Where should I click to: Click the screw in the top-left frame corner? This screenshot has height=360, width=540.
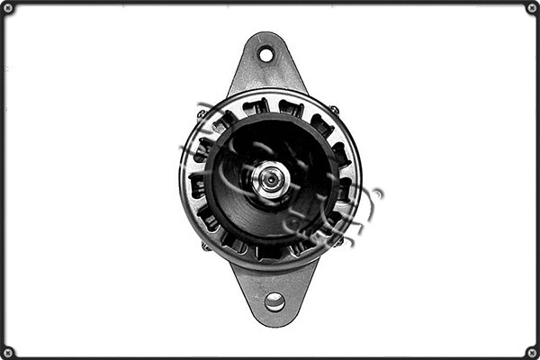(x=8, y=8)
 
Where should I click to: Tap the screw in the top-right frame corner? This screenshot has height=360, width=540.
(x=532, y=8)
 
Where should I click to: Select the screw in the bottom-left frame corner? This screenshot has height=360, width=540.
(x=8, y=352)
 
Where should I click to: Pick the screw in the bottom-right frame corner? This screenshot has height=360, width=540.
(x=532, y=352)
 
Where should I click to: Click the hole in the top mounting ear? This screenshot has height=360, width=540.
(x=266, y=54)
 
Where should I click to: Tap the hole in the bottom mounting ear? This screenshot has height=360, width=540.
(x=274, y=302)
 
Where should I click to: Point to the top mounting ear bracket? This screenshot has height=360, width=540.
(x=266, y=67)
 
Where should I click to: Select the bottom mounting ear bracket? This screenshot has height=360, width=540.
(x=273, y=290)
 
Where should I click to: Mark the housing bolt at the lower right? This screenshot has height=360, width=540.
(x=338, y=241)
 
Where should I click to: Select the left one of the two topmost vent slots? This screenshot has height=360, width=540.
(x=256, y=106)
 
